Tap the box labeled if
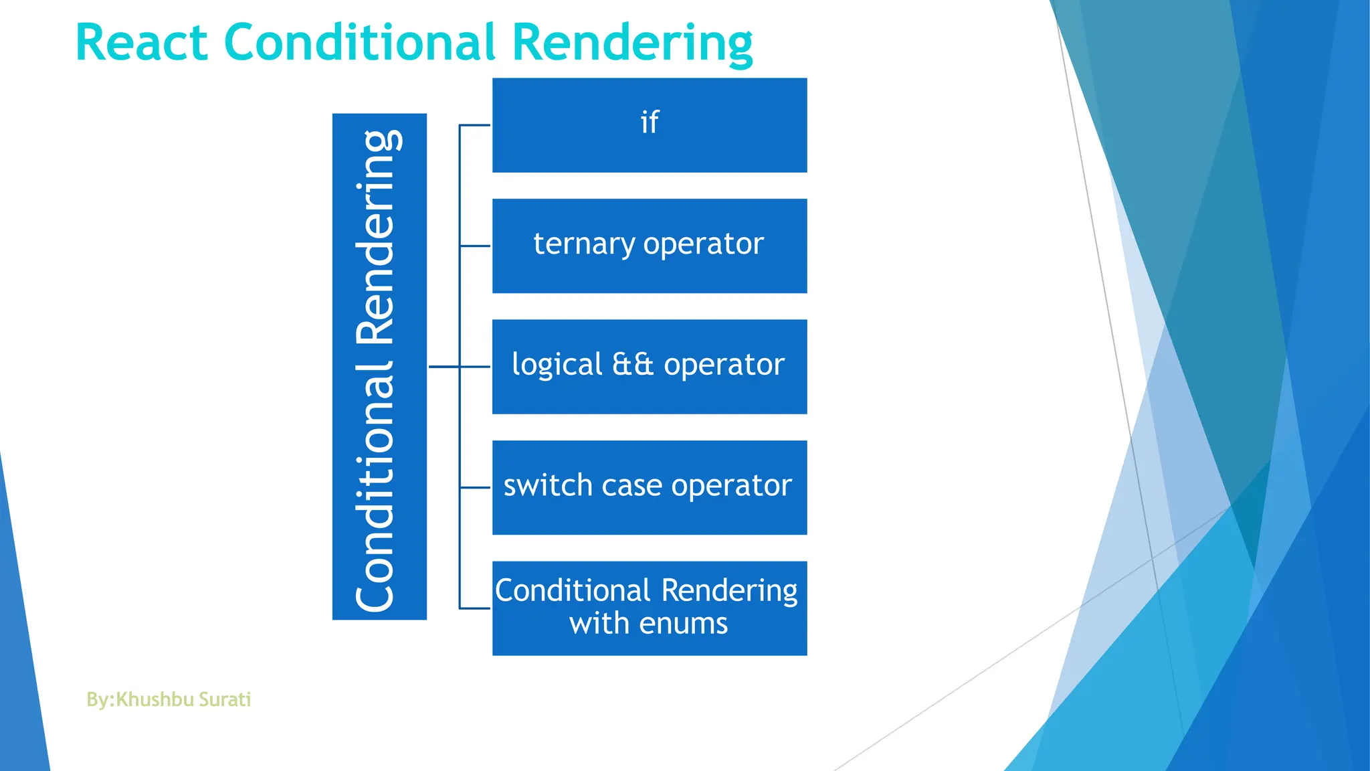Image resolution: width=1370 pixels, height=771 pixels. pos(649,125)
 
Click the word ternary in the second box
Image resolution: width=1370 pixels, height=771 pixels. pos(583,244)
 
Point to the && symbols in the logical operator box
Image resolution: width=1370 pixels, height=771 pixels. pos(632,365)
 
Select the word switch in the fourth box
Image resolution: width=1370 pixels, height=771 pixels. pos(548,485)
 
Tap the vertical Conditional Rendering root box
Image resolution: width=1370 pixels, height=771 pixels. pos(379,366)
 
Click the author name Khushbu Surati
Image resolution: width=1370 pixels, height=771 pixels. pos(183,699)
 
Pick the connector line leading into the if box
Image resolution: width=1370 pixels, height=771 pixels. pos(475,125)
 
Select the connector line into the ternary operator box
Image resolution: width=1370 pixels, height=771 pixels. pos(476,246)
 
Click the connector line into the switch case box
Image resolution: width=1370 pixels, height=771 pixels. pos(476,488)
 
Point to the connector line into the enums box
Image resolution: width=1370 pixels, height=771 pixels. pos(476,608)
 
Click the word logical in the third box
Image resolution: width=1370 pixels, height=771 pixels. pos(557,365)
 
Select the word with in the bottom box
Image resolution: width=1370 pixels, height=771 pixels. pos(599,624)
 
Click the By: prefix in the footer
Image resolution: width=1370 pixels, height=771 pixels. pos(100,699)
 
